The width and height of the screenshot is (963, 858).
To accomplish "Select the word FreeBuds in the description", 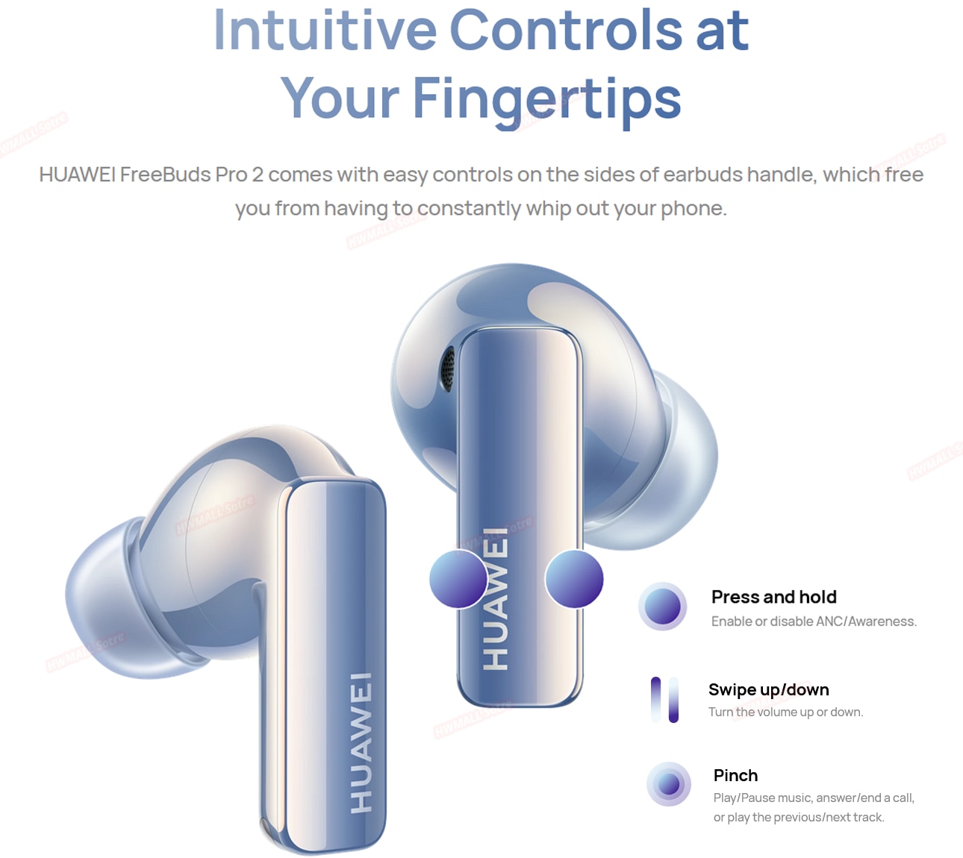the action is (165, 175).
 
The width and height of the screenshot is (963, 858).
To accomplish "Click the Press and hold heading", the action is (774, 597).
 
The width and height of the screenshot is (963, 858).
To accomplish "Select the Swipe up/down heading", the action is (769, 689).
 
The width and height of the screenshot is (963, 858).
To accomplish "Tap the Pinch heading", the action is (736, 775).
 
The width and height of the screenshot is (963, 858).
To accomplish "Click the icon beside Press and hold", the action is (663, 607).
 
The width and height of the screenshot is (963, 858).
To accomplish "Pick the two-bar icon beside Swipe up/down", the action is (664, 700).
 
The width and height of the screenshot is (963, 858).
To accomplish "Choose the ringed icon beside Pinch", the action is (669, 784).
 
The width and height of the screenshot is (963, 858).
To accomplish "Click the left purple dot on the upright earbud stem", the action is (458, 579).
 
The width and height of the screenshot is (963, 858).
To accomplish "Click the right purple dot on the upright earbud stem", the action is (574, 579).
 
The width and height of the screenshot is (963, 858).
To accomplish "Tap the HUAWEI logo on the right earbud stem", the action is (495, 599).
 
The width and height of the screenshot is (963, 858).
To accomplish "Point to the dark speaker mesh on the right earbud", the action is (448, 369).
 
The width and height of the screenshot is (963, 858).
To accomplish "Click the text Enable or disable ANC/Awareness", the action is (814, 621).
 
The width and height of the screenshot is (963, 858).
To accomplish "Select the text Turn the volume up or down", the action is (786, 713).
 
